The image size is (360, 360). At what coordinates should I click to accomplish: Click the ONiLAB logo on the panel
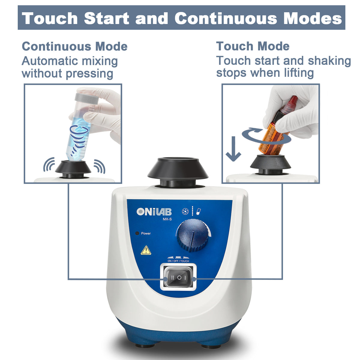pos(154,212)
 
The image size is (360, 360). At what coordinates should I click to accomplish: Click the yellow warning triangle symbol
pos(146,250)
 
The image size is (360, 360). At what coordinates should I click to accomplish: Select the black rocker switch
pos(179,278)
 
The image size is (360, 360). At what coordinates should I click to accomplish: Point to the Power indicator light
pos(137,233)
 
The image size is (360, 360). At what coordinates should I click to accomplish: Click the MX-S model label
pos(167,219)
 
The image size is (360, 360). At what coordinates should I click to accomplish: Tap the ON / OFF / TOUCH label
pos(178,261)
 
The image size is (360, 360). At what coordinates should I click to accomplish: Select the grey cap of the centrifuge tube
pos(87,98)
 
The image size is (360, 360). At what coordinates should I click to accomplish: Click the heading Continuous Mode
pos(75,46)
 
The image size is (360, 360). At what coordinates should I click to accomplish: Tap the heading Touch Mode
pos(253,46)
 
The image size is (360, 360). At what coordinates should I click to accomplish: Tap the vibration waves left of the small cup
pos(49,164)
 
